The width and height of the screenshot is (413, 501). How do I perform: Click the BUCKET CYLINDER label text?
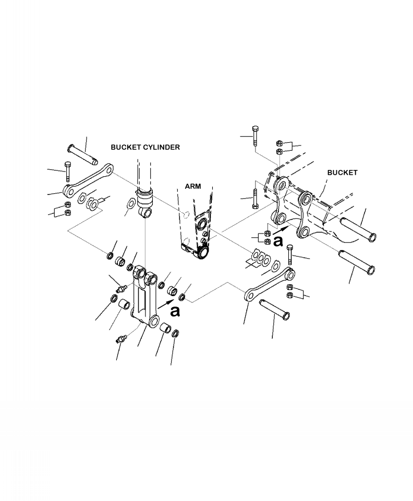(145, 148)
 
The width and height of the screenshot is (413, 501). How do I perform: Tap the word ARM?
(193, 186)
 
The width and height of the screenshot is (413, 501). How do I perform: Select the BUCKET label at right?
(342, 173)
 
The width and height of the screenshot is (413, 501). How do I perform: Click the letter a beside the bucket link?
(278, 241)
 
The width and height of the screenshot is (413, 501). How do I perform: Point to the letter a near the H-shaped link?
(175, 311)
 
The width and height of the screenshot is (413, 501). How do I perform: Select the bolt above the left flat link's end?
(67, 172)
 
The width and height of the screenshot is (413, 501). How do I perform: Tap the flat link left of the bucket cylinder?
(89, 179)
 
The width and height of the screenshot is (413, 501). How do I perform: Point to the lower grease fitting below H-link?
(120, 339)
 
